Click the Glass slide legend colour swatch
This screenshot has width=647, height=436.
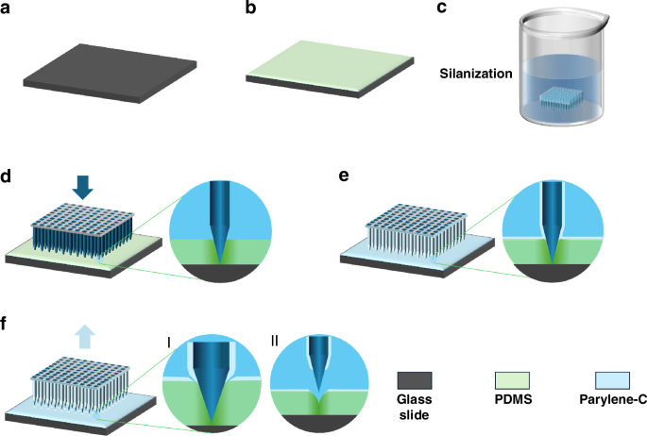pyautogui.click(x=414, y=381)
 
